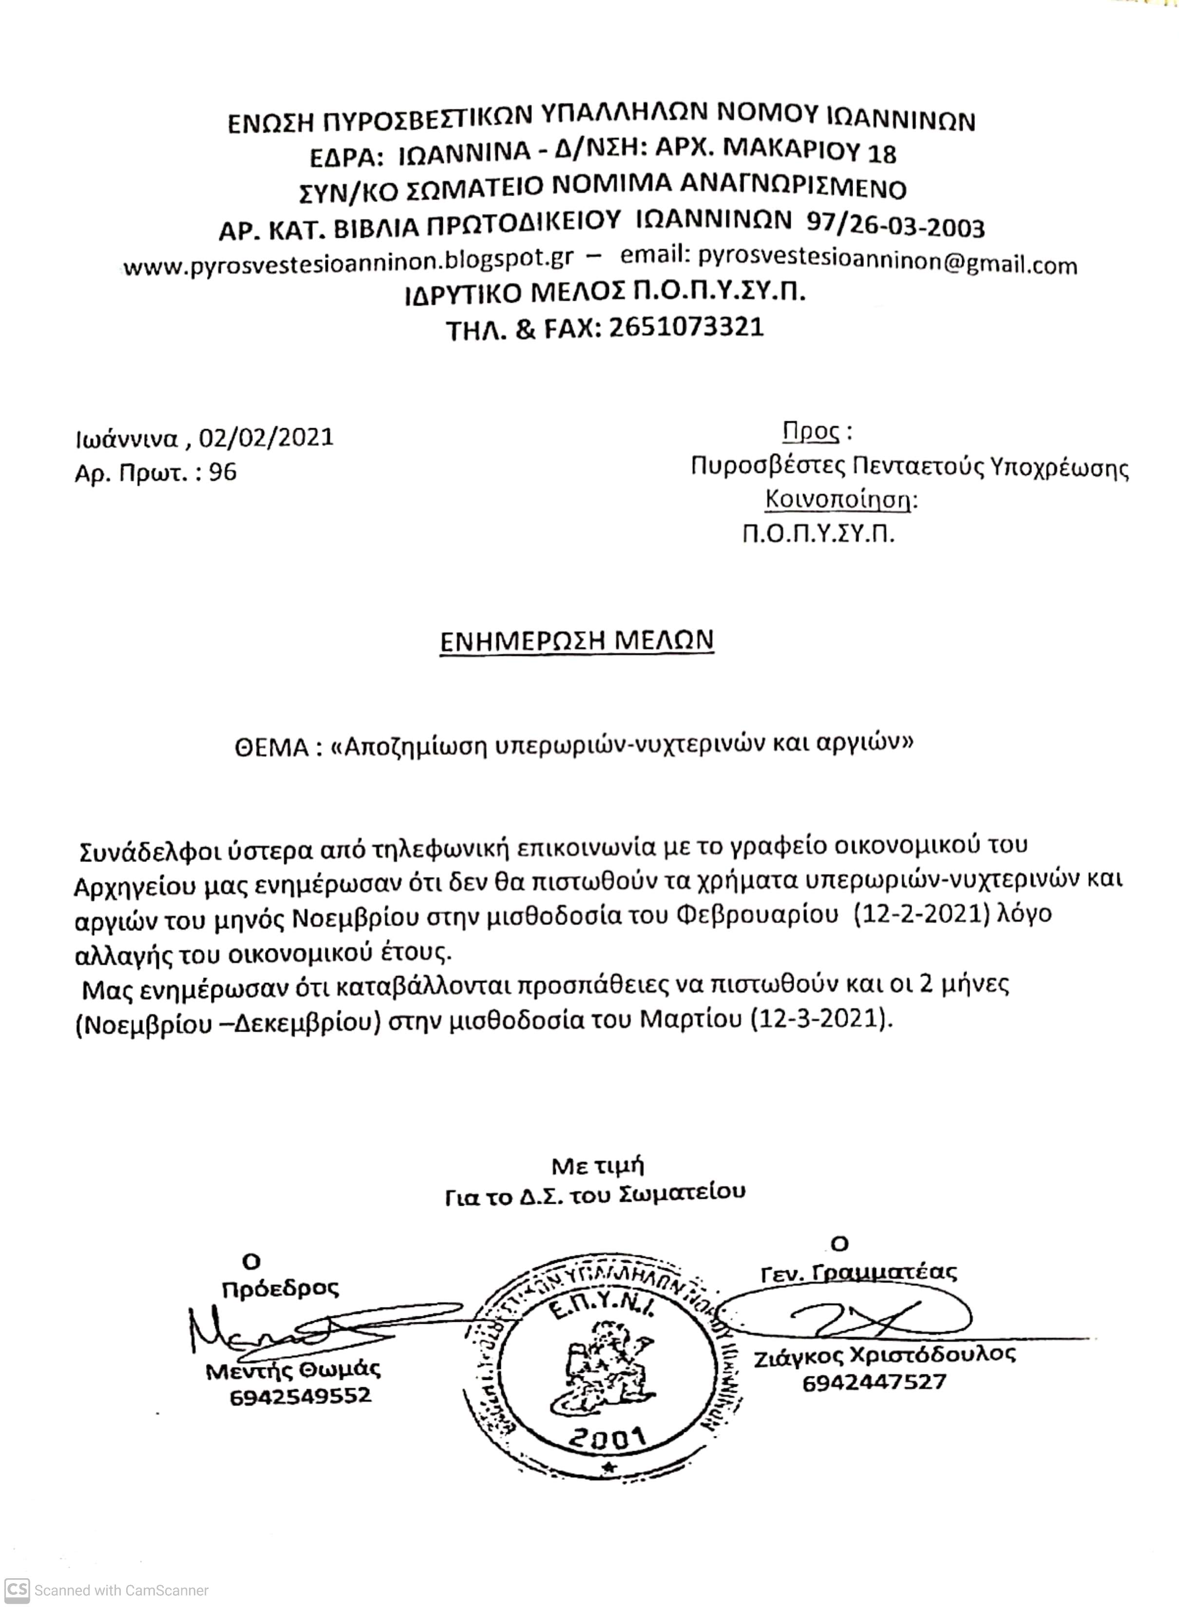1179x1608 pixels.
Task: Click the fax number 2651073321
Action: pyautogui.click(x=686, y=328)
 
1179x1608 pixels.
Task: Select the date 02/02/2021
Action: pyautogui.click(x=266, y=437)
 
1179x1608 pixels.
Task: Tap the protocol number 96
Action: pyautogui.click(x=223, y=472)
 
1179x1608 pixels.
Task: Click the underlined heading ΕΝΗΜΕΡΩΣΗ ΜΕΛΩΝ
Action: pyautogui.click(x=577, y=641)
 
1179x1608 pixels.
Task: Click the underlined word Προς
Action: pyautogui.click(x=810, y=432)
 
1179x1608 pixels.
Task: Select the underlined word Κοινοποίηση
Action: pyautogui.click(x=838, y=499)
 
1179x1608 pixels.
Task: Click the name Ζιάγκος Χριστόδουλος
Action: pyautogui.click(x=884, y=1354)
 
